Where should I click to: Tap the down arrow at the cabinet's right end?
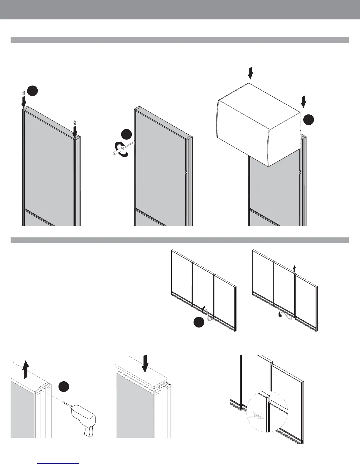tap(304, 101)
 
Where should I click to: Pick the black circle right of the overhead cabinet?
tap(309, 120)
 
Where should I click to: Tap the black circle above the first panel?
tap(33, 91)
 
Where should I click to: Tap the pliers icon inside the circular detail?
tap(256, 415)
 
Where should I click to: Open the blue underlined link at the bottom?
tap(59, 463)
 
